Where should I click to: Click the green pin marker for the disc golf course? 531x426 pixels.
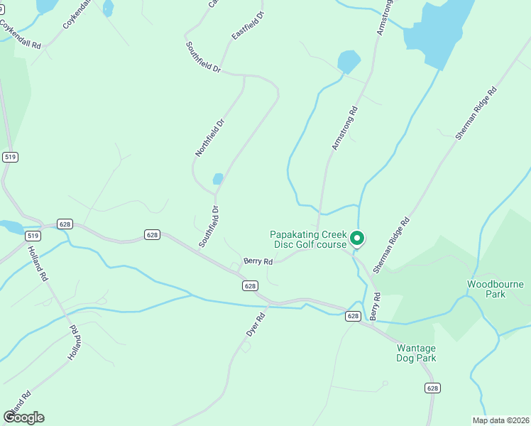(358, 239)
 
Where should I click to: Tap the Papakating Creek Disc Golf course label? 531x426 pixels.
(309, 239)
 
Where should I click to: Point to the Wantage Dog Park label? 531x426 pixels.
(416, 353)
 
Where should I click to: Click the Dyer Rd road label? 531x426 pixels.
(255, 324)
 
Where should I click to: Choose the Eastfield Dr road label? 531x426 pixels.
(248, 26)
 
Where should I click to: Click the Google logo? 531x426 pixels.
(23, 417)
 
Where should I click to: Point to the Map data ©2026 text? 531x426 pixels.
(500, 420)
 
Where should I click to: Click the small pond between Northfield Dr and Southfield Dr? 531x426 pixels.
(218, 179)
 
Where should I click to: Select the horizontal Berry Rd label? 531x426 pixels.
(258, 261)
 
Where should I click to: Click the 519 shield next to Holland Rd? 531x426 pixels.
(32, 235)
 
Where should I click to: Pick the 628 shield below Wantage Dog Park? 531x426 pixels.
(432, 388)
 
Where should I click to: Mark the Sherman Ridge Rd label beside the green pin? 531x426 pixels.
(391, 245)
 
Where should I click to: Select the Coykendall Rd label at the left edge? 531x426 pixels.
(21, 34)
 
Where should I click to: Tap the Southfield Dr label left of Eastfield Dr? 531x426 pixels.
(204, 58)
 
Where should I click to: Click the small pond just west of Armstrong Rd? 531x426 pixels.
(349, 61)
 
